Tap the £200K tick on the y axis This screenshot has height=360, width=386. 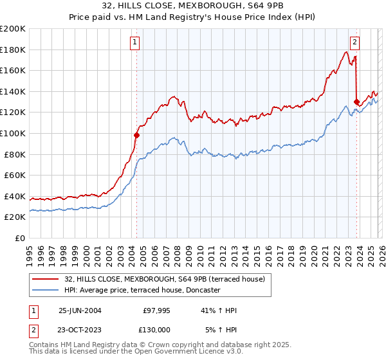pos(13,29)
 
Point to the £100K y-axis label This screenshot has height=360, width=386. pos(13,133)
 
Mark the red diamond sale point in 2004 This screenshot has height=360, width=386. pos(136,135)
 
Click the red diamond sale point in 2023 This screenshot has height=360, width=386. pos(356,102)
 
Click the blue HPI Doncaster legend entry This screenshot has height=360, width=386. pos(142,290)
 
